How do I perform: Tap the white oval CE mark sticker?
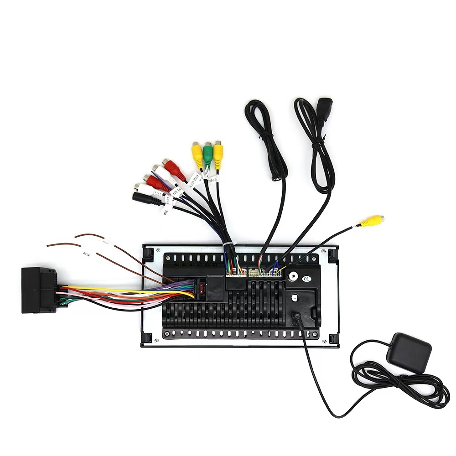[x=307, y=279]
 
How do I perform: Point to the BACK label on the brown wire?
[x=87, y=253]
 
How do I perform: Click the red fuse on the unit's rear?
[x=199, y=288]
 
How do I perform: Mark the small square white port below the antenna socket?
[x=295, y=298]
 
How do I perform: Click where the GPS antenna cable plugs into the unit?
[x=297, y=316]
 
